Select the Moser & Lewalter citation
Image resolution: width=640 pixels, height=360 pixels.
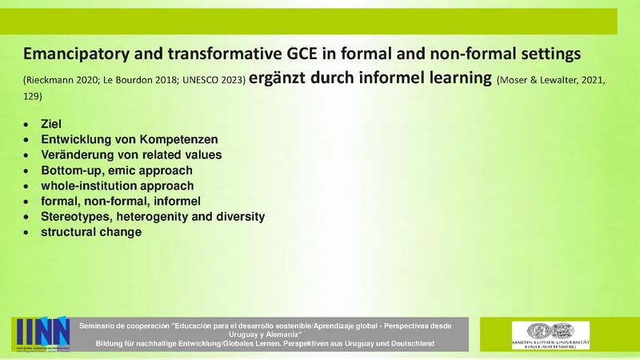tap(552, 81)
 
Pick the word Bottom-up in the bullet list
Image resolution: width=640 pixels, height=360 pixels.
tap(69, 170)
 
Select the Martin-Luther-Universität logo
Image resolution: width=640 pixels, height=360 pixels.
tap(550, 334)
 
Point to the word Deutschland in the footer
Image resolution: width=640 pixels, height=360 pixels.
tap(407, 343)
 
